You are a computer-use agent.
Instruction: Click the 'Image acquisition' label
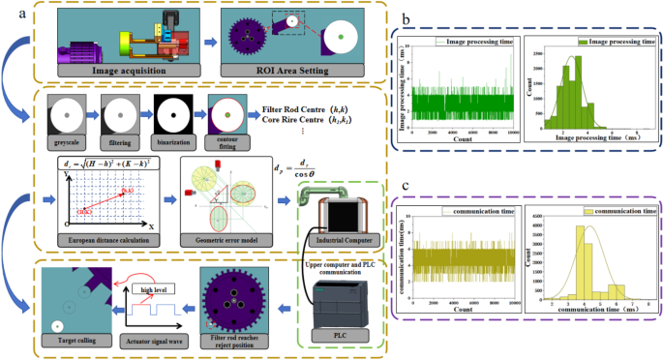127,71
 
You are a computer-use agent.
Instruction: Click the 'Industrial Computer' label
346,231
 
